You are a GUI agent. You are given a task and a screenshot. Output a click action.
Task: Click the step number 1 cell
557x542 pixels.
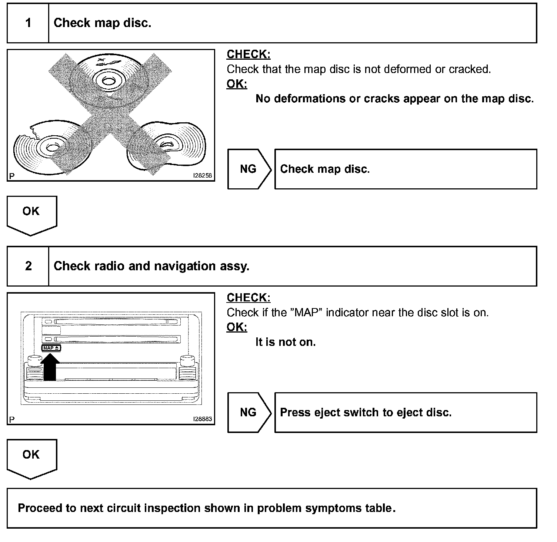[x=28, y=23]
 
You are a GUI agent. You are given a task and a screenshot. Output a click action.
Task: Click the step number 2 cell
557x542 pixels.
[x=28, y=266]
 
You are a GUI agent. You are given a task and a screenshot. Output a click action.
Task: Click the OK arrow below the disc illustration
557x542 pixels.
[x=31, y=214]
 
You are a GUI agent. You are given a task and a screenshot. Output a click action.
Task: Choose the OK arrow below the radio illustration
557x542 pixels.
[x=31, y=457]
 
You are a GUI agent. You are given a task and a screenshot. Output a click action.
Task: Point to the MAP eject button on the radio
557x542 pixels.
[x=51, y=348]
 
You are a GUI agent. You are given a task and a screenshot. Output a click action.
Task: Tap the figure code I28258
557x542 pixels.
[x=203, y=175]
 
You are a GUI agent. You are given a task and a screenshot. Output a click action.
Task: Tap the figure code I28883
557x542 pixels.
[x=203, y=419]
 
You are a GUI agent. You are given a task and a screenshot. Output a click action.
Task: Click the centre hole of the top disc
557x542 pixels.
[x=108, y=80]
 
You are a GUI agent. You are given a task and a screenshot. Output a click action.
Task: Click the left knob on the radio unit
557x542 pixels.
[x=34, y=361]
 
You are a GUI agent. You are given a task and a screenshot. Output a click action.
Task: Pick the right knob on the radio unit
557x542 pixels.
[x=187, y=361]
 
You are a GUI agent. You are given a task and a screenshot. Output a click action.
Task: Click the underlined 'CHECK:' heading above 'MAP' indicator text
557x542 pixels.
[x=249, y=298]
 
